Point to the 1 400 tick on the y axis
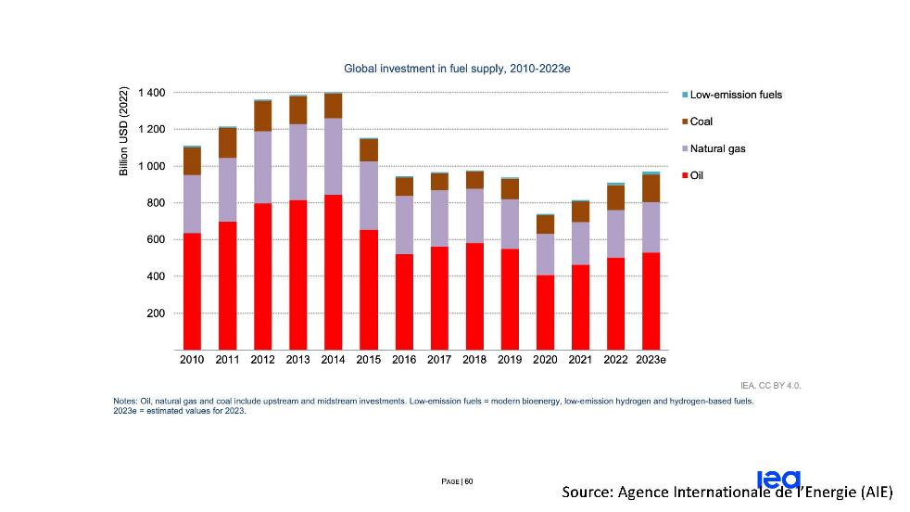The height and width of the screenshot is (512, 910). tap(150, 93)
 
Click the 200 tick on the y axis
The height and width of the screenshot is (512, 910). tap(155, 314)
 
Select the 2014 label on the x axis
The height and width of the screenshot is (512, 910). tap(334, 360)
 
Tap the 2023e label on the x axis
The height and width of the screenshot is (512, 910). tap(651, 360)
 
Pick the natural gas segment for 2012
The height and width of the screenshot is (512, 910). tap(262, 167)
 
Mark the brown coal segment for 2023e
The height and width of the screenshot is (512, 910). tap(651, 188)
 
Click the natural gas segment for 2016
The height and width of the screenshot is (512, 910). tap(405, 224)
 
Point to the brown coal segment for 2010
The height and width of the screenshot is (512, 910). tap(192, 161)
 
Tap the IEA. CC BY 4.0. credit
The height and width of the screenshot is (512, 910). tap(771, 385)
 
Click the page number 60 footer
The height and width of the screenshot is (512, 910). tap(458, 481)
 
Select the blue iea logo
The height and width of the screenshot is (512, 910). tap(777, 478)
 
